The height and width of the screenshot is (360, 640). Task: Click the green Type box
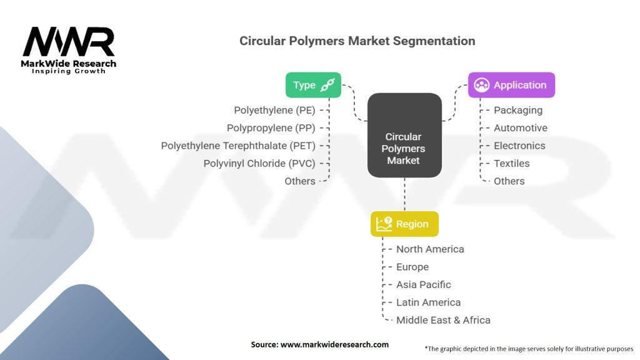pos(313,85)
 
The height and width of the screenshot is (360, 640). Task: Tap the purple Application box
pos(511,85)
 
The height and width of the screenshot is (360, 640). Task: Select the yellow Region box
pos(404,224)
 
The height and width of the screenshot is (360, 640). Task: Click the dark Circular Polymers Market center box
pos(404,135)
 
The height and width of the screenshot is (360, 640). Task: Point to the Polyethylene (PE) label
pos(274,110)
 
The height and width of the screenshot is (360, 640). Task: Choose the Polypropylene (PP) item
pos(271,128)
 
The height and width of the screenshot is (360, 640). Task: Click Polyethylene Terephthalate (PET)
pos(238,146)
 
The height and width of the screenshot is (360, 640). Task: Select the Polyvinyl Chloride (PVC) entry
pos(259,164)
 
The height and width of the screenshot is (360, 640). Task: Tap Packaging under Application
pos(518,110)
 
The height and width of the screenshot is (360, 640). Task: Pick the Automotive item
pos(521,127)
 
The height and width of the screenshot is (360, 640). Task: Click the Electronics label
pos(519,146)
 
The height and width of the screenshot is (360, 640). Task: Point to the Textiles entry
pos(511,163)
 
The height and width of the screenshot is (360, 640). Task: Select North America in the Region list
pos(430,249)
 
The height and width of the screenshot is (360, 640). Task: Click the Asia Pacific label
pos(423,284)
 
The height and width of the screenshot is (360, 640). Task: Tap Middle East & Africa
pos(443,320)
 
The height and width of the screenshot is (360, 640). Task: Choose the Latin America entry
pos(428,302)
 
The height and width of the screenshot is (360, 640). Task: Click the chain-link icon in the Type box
pos(327,85)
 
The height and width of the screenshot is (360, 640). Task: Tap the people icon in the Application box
pos(482,85)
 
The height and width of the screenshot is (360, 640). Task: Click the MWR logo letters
pos(69,42)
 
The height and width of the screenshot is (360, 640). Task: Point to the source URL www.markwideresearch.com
pos(334,344)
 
